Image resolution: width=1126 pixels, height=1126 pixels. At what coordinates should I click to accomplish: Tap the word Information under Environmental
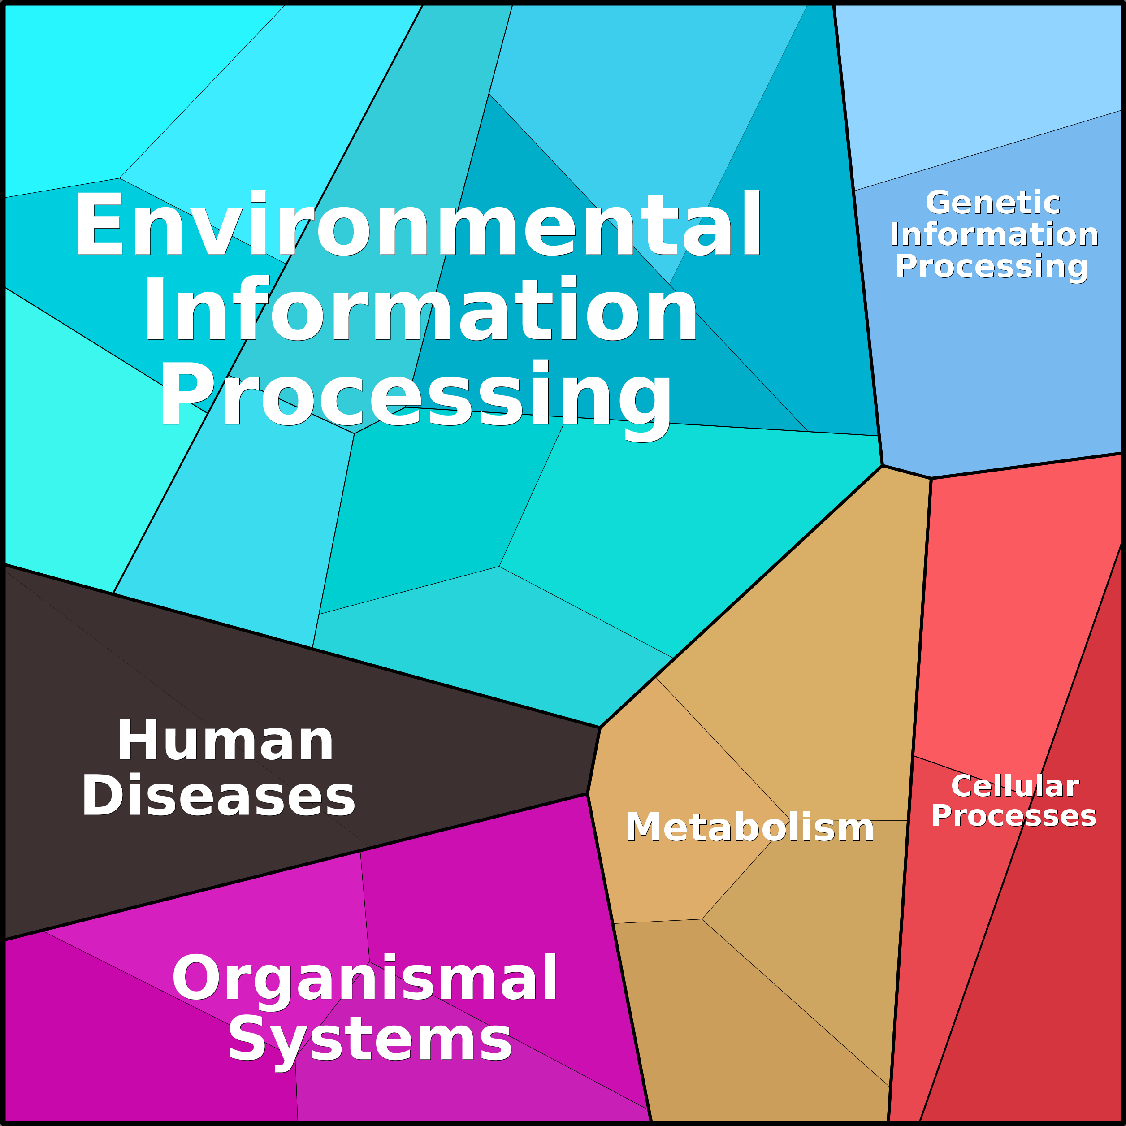pyautogui.click(x=420, y=309)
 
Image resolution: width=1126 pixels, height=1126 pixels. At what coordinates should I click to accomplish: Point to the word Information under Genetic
pyautogui.click(x=994, y=234)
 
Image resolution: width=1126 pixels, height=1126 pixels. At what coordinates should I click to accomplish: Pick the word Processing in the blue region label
pyautogui.click(x=992, y=266)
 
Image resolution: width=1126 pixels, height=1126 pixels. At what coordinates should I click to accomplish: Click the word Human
pyautogui.click(x=225, y=740)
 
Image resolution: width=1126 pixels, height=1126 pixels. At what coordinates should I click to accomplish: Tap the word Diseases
pyautogui.click(x=218, y=796)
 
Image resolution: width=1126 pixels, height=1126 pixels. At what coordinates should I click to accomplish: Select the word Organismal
pyautogui.click(x=365, y=978)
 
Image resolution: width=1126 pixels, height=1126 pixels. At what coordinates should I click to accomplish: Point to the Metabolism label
pyautogui.click(x=749, y=827)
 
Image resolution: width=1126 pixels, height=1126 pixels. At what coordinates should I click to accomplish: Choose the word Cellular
pyautogui.click(x=1015, y=786)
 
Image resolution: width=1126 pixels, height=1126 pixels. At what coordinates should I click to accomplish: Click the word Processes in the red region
pyautogui.click(x=1013, y=815)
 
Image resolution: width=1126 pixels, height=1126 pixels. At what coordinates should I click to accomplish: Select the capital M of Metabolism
pyautogui.click(x=640, y=827)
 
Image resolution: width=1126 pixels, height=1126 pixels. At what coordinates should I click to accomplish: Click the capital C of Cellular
pyautogui.click(x=961, y=786)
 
